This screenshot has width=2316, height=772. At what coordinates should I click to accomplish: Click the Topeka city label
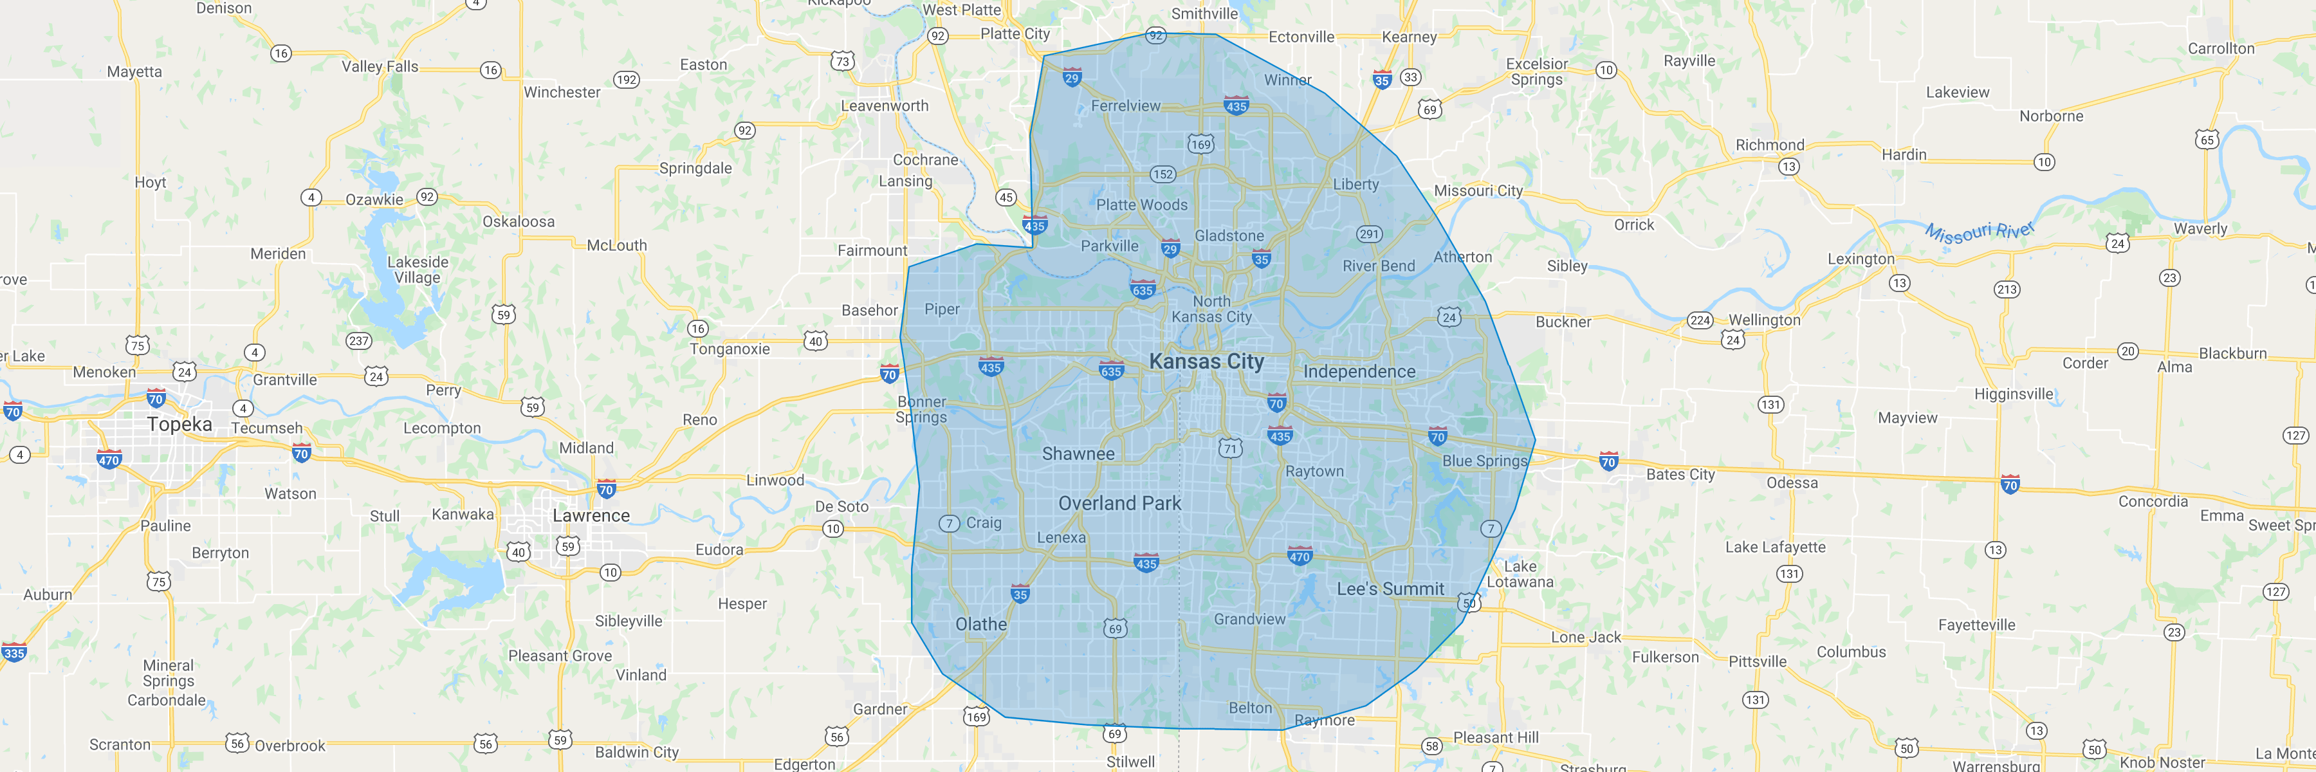point(180,424)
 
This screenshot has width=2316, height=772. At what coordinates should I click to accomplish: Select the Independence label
point(1359,372)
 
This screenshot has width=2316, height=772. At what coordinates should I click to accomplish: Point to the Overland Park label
point(1119,503)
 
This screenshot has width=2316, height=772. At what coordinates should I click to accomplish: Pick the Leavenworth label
point(884,106)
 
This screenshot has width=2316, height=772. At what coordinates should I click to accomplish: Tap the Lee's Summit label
point(1390,589)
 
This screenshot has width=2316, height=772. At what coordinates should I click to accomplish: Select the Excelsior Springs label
point(1536,72)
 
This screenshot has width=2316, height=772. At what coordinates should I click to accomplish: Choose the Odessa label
point(1792,482)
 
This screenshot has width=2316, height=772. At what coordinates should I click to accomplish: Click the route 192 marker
point(626,80)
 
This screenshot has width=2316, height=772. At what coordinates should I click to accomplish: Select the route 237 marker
point(359,340)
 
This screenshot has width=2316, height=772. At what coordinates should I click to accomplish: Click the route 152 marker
point(1163,174)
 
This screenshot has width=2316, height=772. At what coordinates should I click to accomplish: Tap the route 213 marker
point(2007,289)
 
